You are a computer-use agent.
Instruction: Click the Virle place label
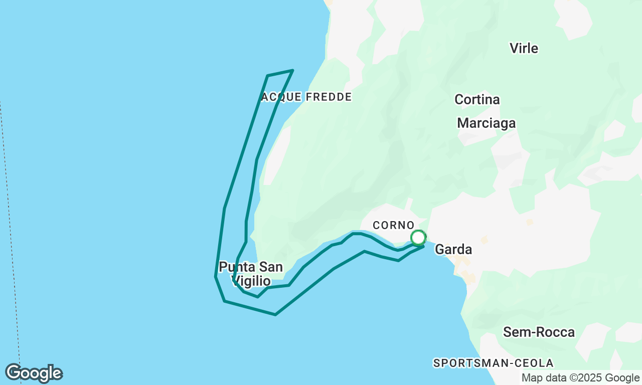tap(524, 48)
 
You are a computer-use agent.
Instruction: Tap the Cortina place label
tap(477, 99)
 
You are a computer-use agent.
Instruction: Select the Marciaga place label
tap(486, 123)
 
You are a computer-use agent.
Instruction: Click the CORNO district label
tap(394, 226)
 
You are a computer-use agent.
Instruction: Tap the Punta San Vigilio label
tap(251, 274)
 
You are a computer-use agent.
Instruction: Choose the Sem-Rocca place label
tap(539, 332)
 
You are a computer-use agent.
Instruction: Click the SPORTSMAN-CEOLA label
tap(493, 363)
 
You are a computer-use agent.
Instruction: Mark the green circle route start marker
tap(418, 238)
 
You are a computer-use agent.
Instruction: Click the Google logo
tap(34, 373)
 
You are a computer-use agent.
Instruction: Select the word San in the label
tap(271, 267)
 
